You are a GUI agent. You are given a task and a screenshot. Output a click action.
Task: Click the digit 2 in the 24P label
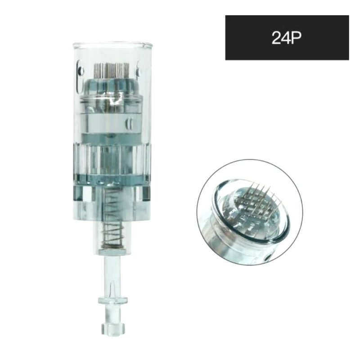(276, 38)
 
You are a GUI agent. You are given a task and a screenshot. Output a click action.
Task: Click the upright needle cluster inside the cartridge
(112, 70)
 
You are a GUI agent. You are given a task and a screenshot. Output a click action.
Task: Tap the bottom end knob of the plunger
(113, 328)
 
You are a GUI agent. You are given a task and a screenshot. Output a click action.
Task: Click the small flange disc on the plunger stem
(113, 300)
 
